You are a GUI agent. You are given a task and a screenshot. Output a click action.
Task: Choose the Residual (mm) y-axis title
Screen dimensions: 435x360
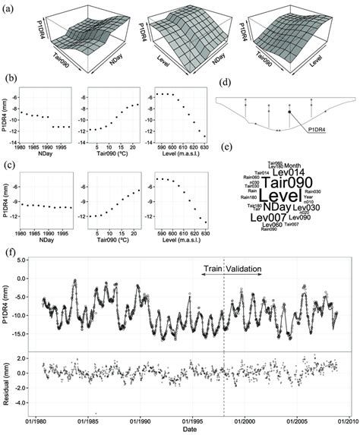8,380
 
